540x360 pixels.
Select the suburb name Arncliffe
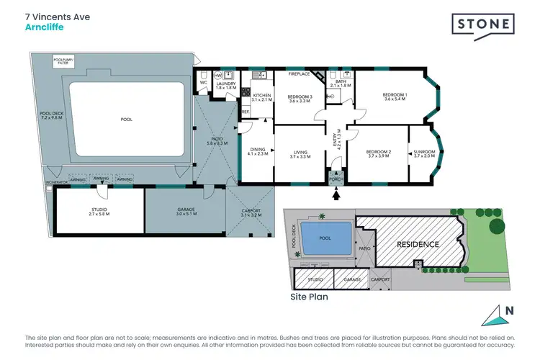(42, 28)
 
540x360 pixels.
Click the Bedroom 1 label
(395, 96)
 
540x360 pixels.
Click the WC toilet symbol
(203, 77)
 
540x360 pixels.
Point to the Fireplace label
(299, 73)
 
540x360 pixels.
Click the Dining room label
(257, 152)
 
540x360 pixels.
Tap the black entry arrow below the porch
(336, 192)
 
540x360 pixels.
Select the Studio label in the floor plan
(99, 212)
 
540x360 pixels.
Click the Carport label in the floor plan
(251, 212)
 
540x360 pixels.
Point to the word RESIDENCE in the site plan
(418, 244)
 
